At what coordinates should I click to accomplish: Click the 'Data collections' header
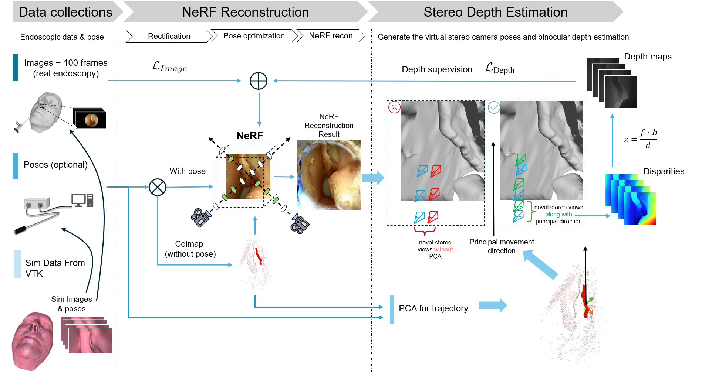pos(65,12)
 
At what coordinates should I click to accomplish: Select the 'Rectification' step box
pos(169,36)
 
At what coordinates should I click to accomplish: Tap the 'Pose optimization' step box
pos(254,36)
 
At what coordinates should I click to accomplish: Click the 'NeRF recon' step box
pos(331,36)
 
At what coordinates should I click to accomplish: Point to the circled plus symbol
pos(259,81)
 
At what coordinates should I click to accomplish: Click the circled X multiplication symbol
pos(158,187)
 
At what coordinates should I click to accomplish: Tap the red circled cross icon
pos(394,107)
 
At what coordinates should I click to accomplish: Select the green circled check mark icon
pos(494,107)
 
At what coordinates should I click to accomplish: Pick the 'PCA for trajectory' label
pos(433,308)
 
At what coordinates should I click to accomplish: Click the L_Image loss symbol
pos(169,67)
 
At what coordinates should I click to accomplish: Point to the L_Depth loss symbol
pos(500,68)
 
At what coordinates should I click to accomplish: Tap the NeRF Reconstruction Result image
pos(328,175)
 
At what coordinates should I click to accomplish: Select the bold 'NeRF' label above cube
pos(250,136)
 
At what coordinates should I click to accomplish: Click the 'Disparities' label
pos(664,171)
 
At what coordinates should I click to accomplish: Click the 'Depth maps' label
pos(648,57)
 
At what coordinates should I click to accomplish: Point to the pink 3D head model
pos(33,341)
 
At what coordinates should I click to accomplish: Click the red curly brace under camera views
pos(425,231)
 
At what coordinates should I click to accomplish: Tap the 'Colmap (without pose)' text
pos(190,249)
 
